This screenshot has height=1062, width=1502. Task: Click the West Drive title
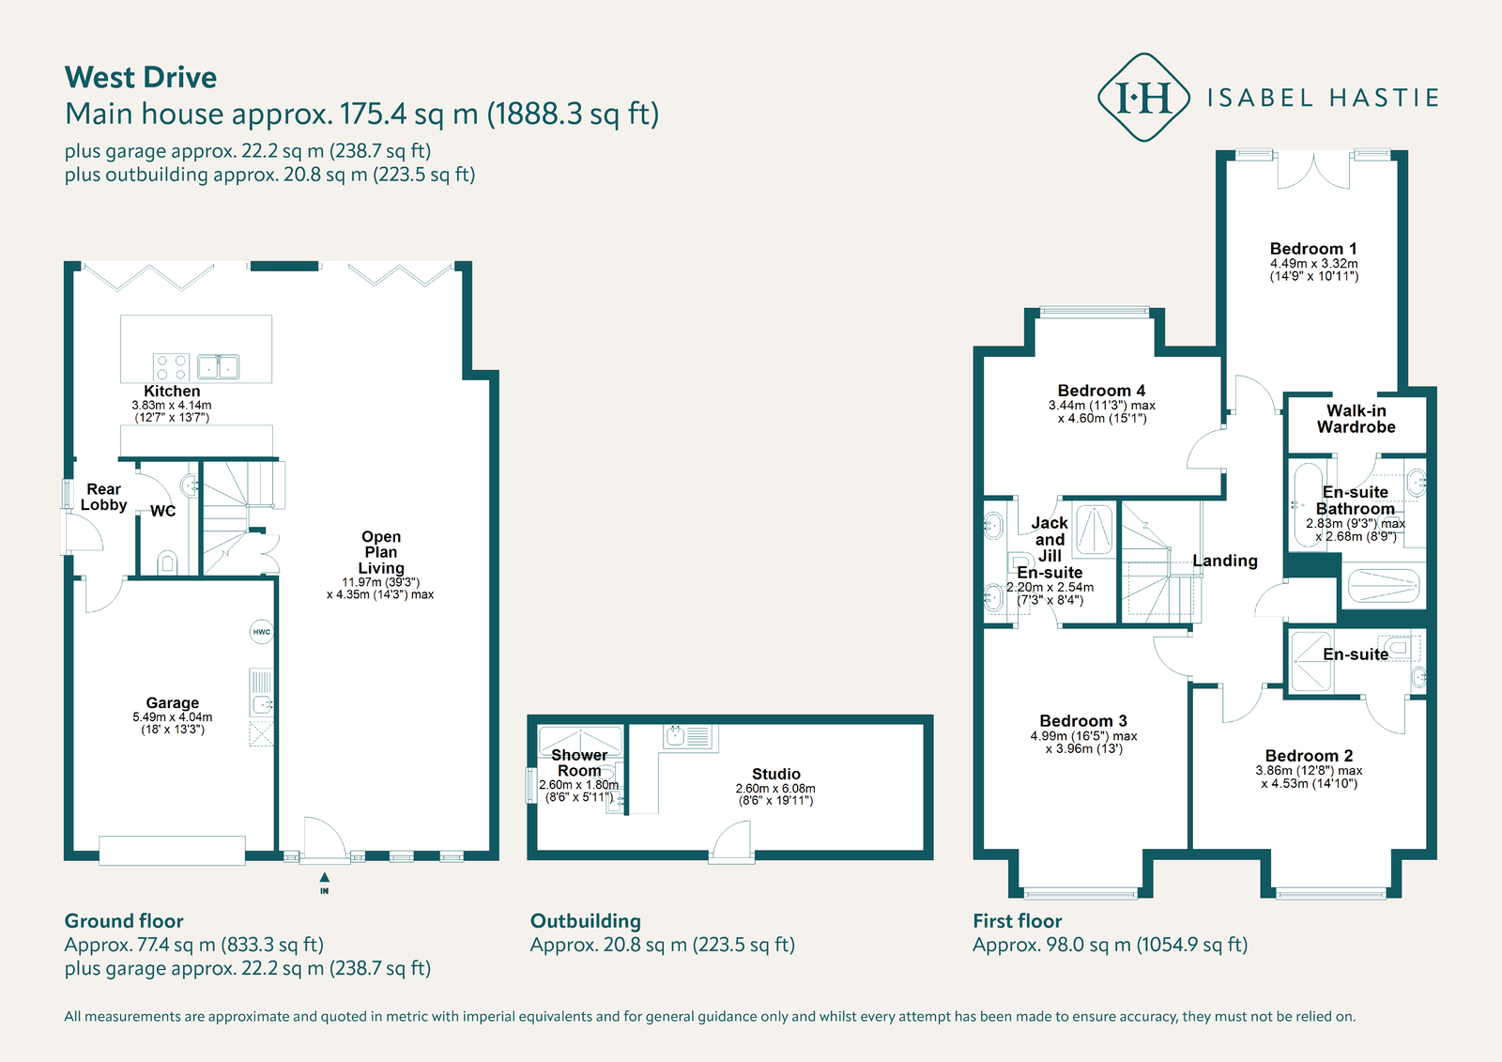point(141,77)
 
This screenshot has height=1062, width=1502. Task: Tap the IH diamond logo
point(1142,98)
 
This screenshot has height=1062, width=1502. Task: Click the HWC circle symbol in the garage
point(261,632)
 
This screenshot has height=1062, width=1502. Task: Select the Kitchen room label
point(172,392)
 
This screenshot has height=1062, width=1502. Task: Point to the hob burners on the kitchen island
point(171,367)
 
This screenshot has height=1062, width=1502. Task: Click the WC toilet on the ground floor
point(168,562)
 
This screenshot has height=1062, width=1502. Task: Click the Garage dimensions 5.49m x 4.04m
point(173,717)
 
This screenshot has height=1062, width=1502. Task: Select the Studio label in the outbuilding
point(775,775)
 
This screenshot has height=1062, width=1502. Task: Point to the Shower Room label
point(579,762)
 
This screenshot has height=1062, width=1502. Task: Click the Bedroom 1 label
point(1312,249)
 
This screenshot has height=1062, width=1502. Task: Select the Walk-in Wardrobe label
point(1356,419)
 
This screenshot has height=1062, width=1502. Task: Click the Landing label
point(1224,561)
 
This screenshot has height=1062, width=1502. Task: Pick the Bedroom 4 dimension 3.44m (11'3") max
point(1101,406)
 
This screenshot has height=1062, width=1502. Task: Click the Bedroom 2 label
point(1309,756)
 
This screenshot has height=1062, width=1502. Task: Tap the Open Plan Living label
point(381,552)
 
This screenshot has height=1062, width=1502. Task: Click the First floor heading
point(1017,921)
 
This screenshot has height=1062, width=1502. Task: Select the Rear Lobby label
point(103,497)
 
